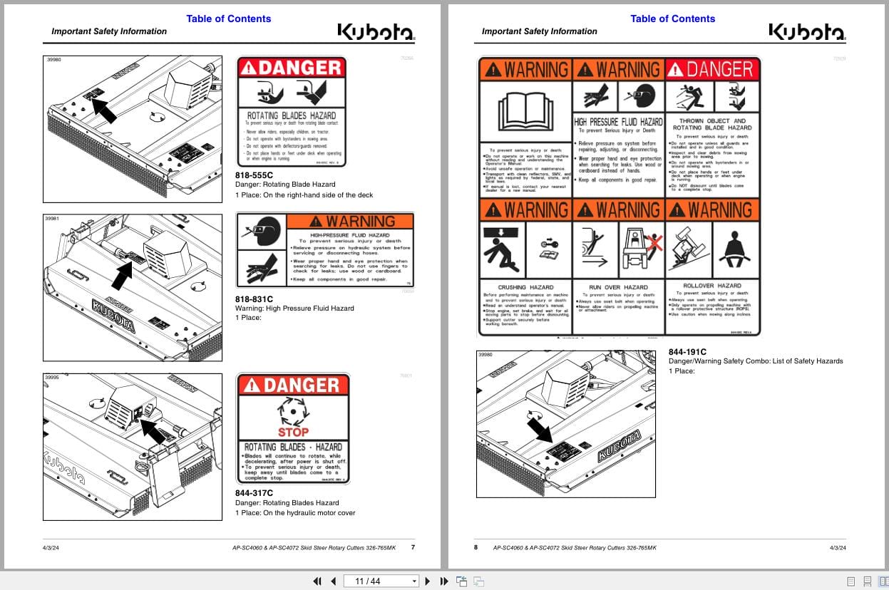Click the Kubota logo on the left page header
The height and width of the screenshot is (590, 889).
tap(375, 32)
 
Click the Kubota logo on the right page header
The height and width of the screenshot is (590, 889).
tap(806, 32)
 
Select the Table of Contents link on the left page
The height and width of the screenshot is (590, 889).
tap(228, 19)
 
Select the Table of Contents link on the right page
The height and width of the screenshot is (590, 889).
tap(672, 19)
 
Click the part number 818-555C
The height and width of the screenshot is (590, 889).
tap(254, 175)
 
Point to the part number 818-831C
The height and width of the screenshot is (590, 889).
tap(254, 299)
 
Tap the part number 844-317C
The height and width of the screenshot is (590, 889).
tap(254, 492)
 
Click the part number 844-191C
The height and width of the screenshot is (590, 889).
tap(687, 351)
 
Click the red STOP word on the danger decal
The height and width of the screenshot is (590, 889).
tap(293, 432)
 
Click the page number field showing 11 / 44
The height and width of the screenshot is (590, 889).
tap(380, 581)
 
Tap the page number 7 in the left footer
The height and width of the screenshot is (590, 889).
tap(412, 547)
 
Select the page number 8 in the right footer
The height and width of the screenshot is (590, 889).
tap(476, 547)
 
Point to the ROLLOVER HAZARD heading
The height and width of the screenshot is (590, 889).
tap(712, 286)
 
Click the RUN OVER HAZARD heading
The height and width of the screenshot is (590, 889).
tap(617, 287)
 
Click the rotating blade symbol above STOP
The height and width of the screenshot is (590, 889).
tap(293, 411)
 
